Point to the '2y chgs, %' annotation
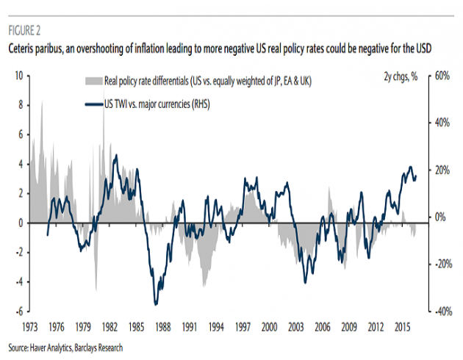click(x=401, y=77)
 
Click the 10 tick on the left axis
click(x=18, y=76)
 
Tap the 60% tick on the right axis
click(x=442, y=76)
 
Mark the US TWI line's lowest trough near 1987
click(x=155, y=303)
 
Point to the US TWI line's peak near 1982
click(x=115, y=156)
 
